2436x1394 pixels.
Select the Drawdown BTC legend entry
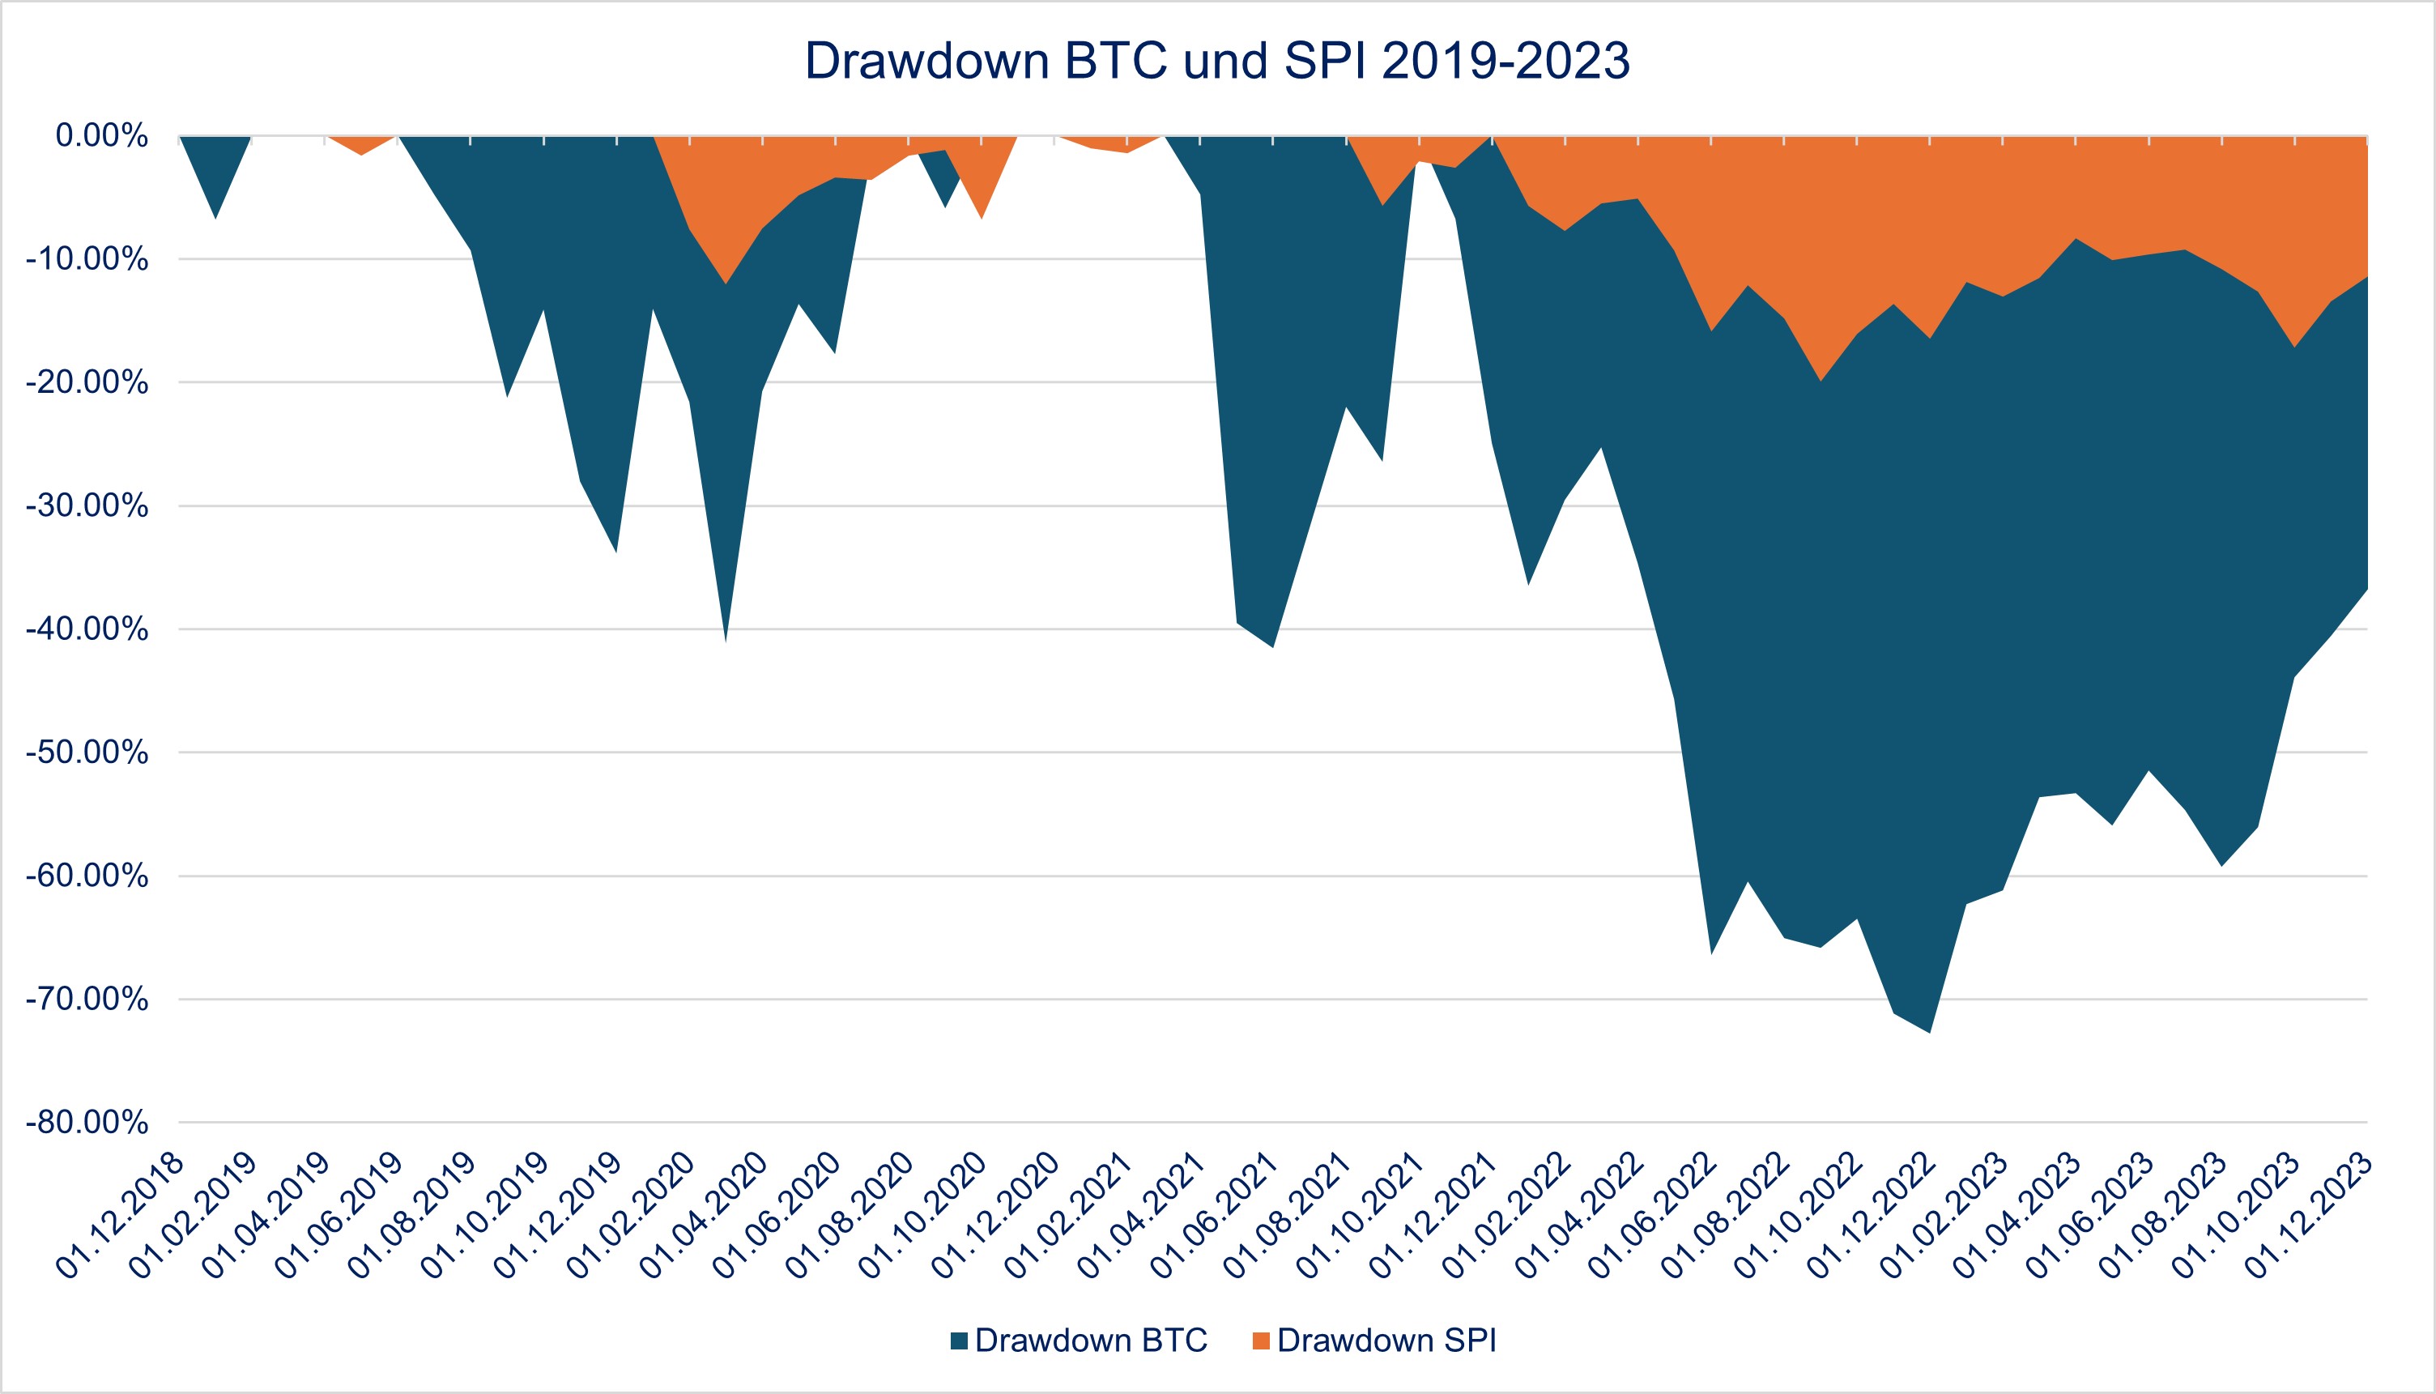click(1079, 1341)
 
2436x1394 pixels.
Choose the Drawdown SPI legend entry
click(1374, 1341)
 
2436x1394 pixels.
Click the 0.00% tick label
click(101, 136)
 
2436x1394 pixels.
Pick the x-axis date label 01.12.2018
click(121, 1216)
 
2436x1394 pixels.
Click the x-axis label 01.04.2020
click(705, 1216)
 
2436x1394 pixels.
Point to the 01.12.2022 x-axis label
click(1872, 1216)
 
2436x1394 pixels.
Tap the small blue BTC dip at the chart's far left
click(215, 206)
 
